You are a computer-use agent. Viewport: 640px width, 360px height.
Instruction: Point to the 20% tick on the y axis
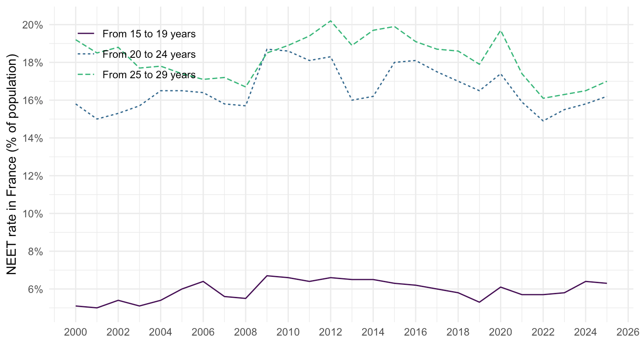[32, 25]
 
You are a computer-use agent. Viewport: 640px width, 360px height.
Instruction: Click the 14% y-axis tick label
[32, 139]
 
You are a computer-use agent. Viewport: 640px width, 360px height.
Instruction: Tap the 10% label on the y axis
[32, 214]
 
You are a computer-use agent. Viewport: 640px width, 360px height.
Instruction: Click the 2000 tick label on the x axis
[76, 332]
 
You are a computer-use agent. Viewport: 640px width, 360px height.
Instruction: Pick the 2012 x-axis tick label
[331, 332]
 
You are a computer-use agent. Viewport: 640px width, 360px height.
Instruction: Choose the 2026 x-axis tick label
[628, 332]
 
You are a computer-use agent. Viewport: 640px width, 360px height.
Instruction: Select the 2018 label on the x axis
[458, 332]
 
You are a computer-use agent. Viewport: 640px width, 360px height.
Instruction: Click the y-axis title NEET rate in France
[12, 164]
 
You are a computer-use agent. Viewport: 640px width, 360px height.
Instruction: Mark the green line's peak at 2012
[331, 20]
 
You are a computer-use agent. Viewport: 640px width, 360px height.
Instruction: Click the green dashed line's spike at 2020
[500, 30]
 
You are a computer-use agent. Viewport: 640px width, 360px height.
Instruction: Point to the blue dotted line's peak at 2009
[267, 49]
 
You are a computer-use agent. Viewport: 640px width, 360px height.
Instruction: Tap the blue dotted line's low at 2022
[543, 121]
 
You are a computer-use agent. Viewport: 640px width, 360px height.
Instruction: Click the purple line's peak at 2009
[267, 276]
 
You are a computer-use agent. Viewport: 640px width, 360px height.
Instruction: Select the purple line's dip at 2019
[479, 302]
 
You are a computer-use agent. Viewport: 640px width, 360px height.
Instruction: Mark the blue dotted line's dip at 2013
[352, 100]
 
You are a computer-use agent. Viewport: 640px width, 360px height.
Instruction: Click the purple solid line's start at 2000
[76, 306]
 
